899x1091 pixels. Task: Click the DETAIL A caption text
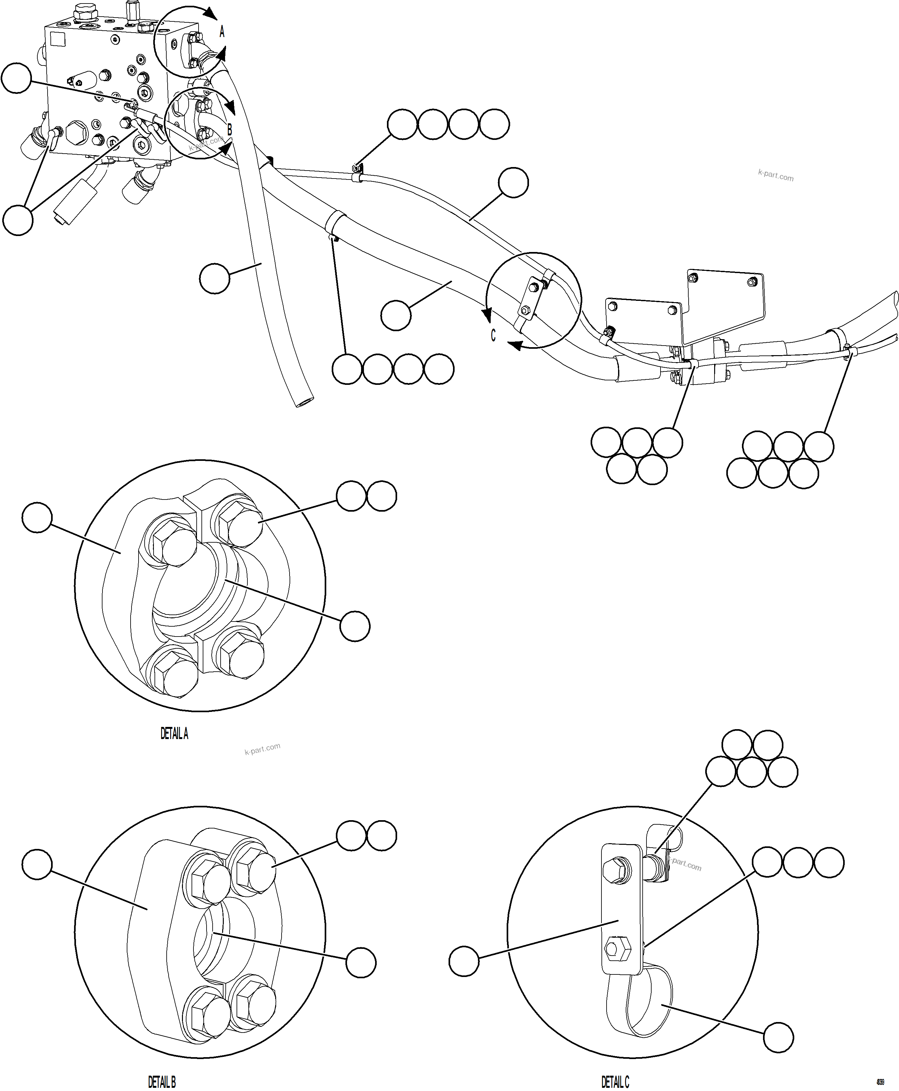click(x=174, y=734)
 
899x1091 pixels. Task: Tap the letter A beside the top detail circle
click(x=222, y=32)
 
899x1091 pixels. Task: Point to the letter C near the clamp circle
click(x=493, y=336)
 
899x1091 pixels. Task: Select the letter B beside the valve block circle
click(x=230, y=130)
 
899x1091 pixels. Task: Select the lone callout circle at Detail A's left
click(x=37, y=516)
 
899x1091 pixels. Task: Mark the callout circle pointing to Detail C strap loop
click(x=778, y=1037)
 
